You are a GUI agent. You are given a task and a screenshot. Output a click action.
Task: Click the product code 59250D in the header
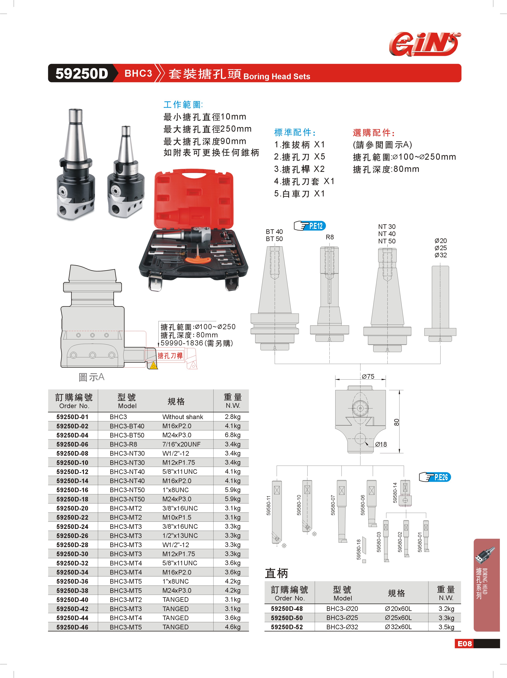pyautogui.click(x=82, y=74)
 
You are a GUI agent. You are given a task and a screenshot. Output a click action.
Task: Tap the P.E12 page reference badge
pyautogui.click(x=310, y=226)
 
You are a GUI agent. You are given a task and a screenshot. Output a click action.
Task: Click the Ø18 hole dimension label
pyautogui.click(x=381, y=444)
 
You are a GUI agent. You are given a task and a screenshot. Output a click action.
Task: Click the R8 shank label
pyautogui.click(x=330, y=237)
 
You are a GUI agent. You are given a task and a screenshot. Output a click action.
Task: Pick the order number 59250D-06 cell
pyautogui.click(x=72, y=444)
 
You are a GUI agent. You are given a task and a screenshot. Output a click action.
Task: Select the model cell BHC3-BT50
pyautogui.click(x=127, y=435)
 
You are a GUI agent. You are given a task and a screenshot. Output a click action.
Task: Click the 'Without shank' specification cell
pyautogui.click(x=183, y=417)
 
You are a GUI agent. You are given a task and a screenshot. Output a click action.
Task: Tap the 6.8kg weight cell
pyautogui.click(x=233, y=435)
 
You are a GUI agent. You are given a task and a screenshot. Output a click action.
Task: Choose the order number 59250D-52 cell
pyautogui.click(x=287, y=627)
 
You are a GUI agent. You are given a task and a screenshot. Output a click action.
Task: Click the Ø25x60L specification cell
pyautogui.click(x=398, y=618)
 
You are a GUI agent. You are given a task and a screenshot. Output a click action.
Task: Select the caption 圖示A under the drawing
pyautogui.click(x=91, y=377)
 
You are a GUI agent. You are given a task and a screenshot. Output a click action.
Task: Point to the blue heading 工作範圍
pyautogui.click(x=183, y=105)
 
